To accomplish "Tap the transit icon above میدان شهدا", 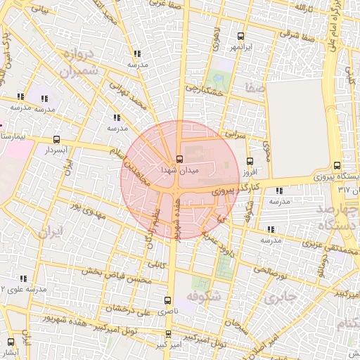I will (x=180, y=158).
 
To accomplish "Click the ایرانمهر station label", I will (x=241, y=47).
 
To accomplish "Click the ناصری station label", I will (x=167, y=310).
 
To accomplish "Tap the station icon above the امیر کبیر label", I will (x=167, y=334).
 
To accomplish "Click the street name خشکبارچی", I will (x=204, y=90).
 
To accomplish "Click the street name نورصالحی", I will (x=271, y=269).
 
